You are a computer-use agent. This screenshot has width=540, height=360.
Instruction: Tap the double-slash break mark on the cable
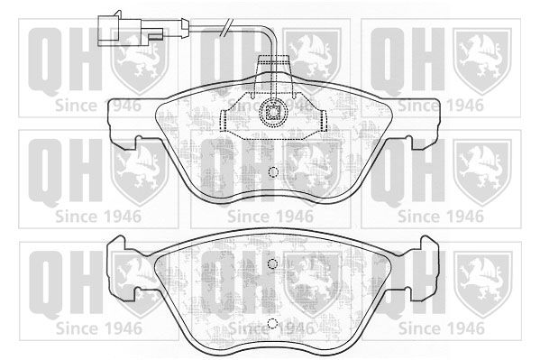coord(225,28)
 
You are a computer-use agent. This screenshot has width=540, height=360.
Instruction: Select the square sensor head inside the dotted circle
coord(273,112)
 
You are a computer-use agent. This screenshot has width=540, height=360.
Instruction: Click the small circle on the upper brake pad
coord(273,171)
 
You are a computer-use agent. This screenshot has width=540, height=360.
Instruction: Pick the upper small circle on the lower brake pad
coord(272,263)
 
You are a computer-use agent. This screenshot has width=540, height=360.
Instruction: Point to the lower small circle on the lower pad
coord(272,323)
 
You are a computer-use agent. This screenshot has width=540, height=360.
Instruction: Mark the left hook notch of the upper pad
coord(138,142)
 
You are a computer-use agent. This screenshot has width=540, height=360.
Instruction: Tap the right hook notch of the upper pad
coord(408,142)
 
